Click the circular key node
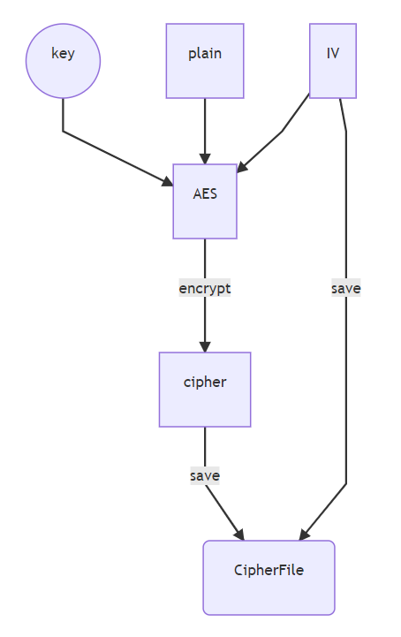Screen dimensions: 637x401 coord(63,60)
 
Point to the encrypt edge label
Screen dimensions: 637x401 coord(205,288)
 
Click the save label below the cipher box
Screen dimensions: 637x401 coord(205,475)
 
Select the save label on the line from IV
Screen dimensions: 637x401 coord(345,288)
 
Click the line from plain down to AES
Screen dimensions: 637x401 coord(205,124)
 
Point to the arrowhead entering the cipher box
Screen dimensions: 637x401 coord(205,346)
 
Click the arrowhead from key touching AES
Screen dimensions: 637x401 coord(167,181)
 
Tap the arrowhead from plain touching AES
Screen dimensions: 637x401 coord(205,158)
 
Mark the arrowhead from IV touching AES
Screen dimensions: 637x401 coord(243,166)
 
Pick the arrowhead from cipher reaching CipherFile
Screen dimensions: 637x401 coord(239,534)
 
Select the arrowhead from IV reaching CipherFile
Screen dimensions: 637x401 coord(304,534)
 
